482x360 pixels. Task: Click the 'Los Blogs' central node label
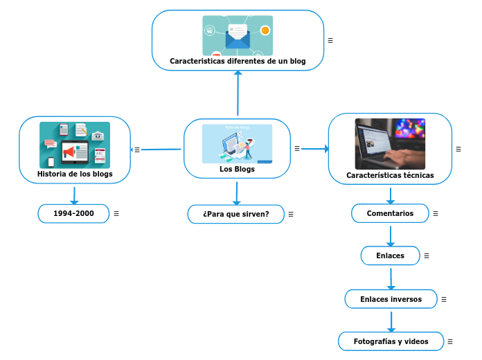click(x=237, y=169)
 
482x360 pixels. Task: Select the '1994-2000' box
click(x=73, y=213)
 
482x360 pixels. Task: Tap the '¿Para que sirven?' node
click(x=235, y=214)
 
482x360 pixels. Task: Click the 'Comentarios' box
click(x=390, y=213)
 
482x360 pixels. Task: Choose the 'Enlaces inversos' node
click(x=391, y=299)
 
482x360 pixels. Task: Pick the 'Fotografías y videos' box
click(x=391, y=341)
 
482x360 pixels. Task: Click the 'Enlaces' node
click(x=390, y=255)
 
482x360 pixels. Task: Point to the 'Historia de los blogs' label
click(x=75, y=174)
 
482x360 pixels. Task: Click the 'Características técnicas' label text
click(x=390, y=175)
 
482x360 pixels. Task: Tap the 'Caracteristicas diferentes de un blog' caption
click(x=238, y=61)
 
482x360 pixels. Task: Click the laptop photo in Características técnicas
click(x=390, y=143)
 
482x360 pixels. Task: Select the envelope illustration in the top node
click(x=237, y=36)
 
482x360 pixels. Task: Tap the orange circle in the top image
click(x=265, y=30)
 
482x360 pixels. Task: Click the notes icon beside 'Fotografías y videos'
click(x=450, y=341)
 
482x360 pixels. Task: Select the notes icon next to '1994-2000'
click(x=116, y=213)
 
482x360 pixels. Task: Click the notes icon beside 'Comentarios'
click(x=435, y=213)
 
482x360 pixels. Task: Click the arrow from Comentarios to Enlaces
click(x=391, y=235)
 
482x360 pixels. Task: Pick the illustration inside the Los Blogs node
click(x=237, y=143)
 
